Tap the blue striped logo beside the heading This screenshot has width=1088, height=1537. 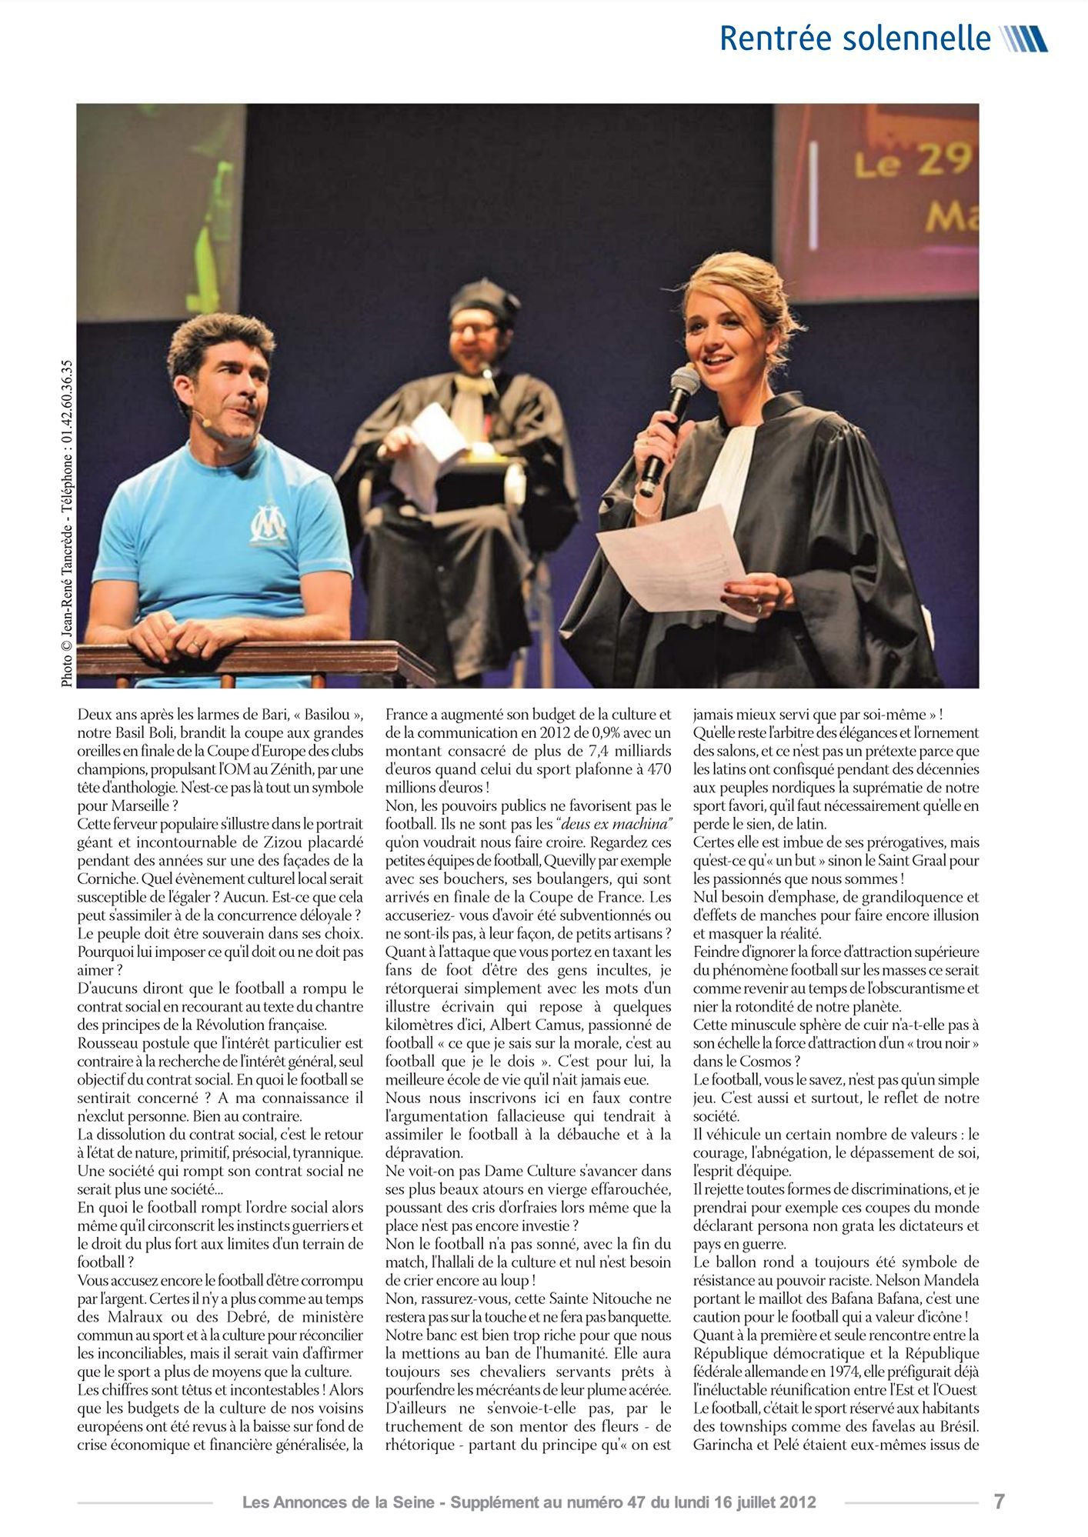pyautogui.click(x=1024, y=38)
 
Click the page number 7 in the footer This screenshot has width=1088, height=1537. pyautogui.click(x=999, y=1501)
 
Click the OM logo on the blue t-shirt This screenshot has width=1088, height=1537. pyautogui.click(x=270, y=523)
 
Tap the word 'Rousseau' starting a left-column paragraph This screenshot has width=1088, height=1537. pyautogui.click(x=105, y=1043)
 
